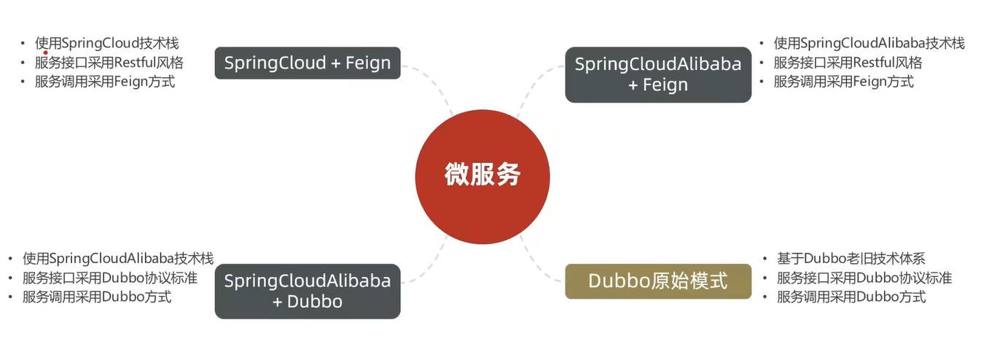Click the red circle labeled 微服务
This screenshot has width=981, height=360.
coord(482,176)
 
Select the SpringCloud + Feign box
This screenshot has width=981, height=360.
coord(307,63)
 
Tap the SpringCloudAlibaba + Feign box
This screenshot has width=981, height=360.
coord(657,74)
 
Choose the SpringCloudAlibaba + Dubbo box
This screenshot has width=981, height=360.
coord(307,291)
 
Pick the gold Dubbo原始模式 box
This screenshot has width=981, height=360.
coord(657,281)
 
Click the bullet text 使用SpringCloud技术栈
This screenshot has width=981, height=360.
coord(106,43)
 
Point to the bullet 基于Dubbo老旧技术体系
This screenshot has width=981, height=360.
coord(851,258)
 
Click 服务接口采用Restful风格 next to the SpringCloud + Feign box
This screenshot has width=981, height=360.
coord(109,62)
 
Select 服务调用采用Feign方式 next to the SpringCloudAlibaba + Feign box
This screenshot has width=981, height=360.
coord(843,81)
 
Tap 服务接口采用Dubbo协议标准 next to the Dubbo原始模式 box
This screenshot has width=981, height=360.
coord(864,278)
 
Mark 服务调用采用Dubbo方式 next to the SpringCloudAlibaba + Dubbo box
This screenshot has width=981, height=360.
coord(97,297)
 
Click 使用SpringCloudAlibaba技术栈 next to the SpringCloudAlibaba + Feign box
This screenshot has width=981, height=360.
coord(869,43)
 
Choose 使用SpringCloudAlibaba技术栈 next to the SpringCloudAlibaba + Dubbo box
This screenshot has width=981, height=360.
coord(117,258)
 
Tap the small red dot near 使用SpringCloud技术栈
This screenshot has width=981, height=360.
coord(45,52)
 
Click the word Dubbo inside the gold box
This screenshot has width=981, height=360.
coord(614,281)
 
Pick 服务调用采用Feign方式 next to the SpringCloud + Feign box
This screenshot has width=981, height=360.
coord(104,81)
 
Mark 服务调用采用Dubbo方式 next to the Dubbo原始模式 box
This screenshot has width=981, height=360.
coord(851,297)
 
